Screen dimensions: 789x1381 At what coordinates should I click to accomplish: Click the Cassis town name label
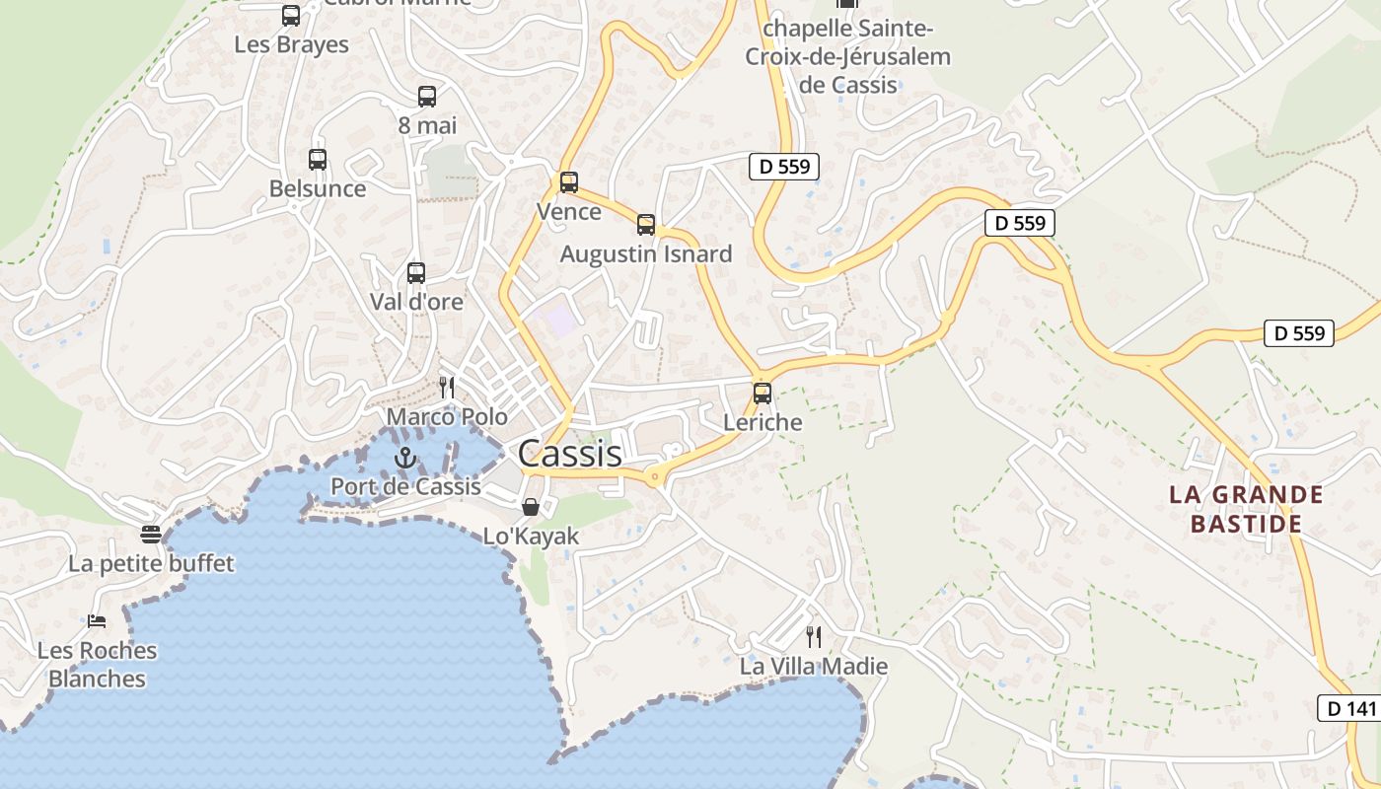(x=569, y=454)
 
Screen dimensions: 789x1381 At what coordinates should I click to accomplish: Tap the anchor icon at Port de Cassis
(x=404, y=458)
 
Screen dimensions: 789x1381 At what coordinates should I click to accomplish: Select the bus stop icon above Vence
(x=569, y=182)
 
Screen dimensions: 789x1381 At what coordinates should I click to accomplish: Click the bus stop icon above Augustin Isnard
(x=646, y=225)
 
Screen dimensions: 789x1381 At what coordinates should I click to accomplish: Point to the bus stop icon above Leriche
(x=763, y=394)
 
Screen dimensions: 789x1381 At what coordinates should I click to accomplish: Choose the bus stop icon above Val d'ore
(x=416, y=273)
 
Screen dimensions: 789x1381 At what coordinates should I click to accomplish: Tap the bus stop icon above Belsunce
(x=318, y=160)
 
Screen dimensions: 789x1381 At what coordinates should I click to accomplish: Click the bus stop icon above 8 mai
(x=427, y=97)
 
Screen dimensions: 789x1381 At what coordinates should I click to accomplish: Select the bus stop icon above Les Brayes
(x=291, y=16)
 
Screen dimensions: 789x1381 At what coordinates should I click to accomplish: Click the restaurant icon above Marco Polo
(x=447, y=387)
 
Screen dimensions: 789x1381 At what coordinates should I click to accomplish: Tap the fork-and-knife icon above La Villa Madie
(x=814, y=637)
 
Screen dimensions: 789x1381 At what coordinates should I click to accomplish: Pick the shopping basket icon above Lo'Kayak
(x=531, y=507)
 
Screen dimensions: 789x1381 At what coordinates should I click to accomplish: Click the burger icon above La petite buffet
(x=151, y=535)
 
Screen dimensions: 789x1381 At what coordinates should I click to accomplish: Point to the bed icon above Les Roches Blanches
(x=97, y=621)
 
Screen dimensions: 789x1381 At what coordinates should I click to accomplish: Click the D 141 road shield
(x=1348, y=708)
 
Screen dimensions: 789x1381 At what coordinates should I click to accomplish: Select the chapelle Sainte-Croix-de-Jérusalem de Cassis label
(x=848, y=56)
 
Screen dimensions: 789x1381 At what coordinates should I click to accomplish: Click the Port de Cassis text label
(x=405, y=486)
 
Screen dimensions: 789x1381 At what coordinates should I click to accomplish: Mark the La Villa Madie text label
(x=814, y=667)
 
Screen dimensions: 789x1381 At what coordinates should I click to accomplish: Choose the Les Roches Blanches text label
(x=97, y=665)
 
